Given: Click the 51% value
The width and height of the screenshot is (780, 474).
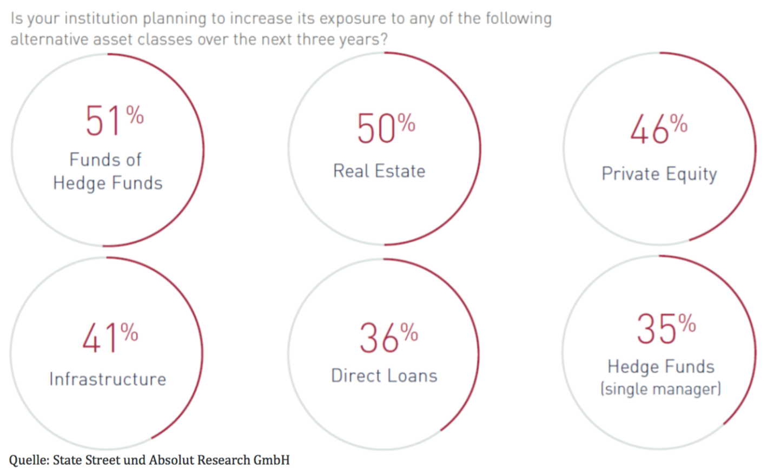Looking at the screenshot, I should [x=114, y=120].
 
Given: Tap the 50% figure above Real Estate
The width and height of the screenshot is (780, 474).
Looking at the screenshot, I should [x=385, y=129].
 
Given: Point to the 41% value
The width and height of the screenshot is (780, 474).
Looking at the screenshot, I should [x=110, y=338].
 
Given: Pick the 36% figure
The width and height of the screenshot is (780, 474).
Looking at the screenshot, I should [x=388, y=338].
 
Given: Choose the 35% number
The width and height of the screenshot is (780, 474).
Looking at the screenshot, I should [x=665, y=328].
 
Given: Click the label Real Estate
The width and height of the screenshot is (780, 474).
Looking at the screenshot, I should [x=379, y=171].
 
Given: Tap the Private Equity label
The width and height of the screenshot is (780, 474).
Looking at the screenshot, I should [x=659, y=174].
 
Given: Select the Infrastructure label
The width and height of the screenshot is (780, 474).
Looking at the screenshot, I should [x=108, y=379].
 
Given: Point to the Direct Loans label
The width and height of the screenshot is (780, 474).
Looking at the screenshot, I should [x=384, y=376].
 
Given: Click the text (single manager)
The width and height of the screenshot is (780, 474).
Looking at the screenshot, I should [x=660, y=389].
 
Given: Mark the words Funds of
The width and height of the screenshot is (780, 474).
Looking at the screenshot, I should [x=105, y=160].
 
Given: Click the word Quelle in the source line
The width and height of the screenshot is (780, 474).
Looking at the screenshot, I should [x=28, y=460].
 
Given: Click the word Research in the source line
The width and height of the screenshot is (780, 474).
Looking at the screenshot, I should [x=223, y=460].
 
